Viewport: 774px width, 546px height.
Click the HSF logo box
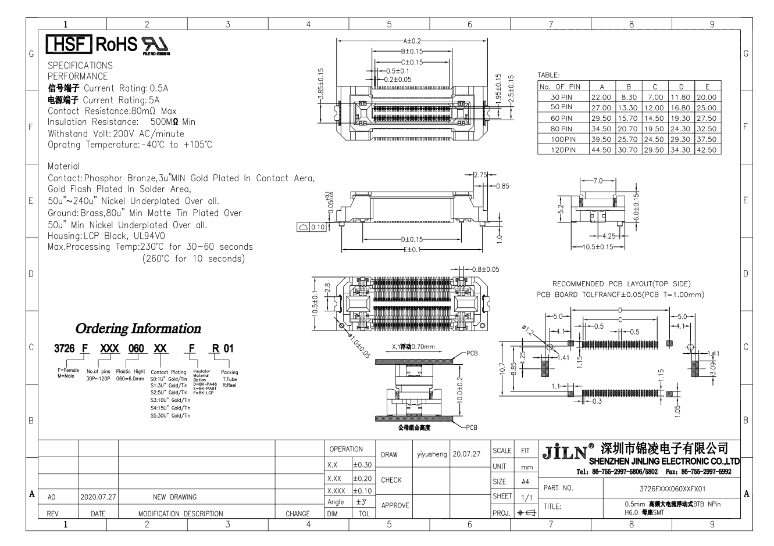click(68, 45)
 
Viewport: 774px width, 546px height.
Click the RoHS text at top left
click(116, 45)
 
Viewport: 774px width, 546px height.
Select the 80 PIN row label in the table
click(561, 129)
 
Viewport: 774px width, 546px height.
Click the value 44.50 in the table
click(601, 150)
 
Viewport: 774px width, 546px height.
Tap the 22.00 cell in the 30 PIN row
click(601, 98)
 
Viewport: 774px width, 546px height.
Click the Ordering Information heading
click(138, 329)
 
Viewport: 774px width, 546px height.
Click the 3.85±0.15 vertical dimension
click(320, 86)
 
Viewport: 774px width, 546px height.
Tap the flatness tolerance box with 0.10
click(312, 227)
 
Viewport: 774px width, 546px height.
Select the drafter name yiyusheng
click(431, 454)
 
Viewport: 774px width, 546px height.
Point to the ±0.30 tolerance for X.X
click(362, 465)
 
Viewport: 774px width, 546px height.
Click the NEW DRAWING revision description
click(174, 497)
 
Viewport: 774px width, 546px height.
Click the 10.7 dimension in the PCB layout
click(502, 369)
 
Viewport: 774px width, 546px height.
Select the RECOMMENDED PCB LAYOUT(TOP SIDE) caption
click(621, 284)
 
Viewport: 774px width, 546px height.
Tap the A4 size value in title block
click(525, 482)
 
